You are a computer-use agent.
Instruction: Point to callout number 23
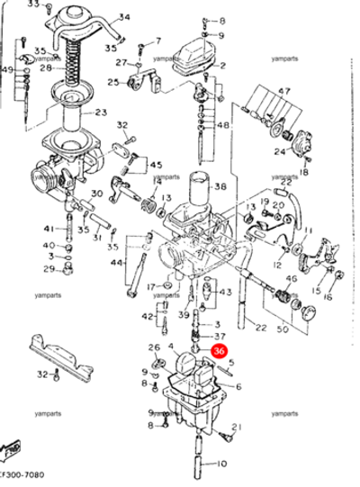tap(100, 113)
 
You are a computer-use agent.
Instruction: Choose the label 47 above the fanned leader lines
tap(284, 93)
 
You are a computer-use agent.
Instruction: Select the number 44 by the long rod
tap(116, 263)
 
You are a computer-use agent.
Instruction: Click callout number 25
tap(113, 82)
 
